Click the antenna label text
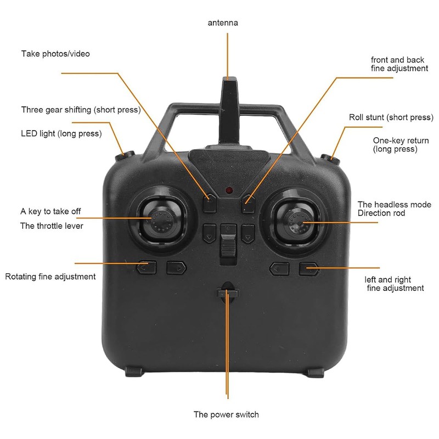click(223, 23)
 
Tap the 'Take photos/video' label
click(55, 54)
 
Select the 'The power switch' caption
click(226, 414)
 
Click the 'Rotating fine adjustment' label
click(50, 277)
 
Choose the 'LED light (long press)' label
click(61, 133)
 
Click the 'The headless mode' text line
click(394, 204)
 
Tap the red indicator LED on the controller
click(228, 190)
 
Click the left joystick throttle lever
click(160, 221)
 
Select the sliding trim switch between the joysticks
click(227, 244)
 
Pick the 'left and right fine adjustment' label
click(395, 284)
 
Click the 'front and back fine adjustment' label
click(399, 64)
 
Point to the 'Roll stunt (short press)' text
click(391, 117)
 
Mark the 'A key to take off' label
click(54, 211)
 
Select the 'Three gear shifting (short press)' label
click(81, 110)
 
